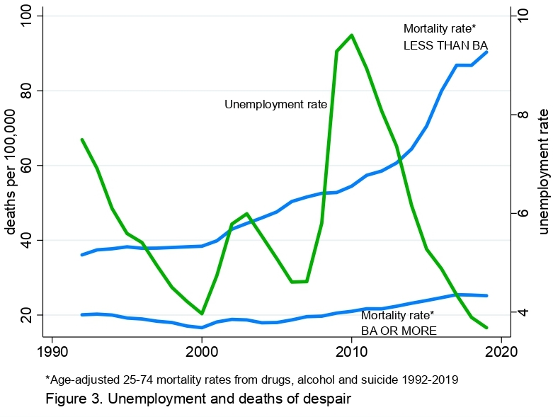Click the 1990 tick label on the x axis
click(52, 351)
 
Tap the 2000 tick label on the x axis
click(202, 351)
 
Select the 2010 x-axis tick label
click(351, 351)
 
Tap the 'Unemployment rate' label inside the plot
click(275, 105)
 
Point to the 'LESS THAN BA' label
click(445, 45)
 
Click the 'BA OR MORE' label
click(399, 331)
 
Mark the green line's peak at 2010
click(351, 35)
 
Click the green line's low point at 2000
click(202, 314)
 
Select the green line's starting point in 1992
click(82, 139)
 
